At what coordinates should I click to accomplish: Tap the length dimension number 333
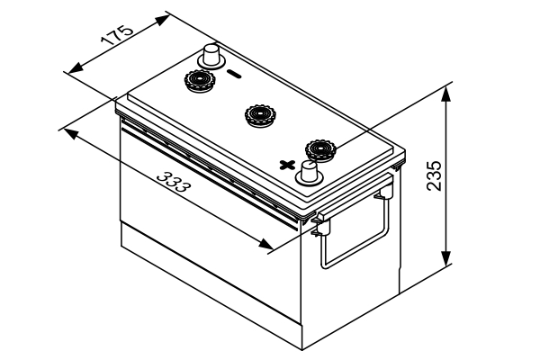pyautogui.click(x=172, y=183)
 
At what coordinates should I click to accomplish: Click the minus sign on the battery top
pyautogui.click(x=232, y=74)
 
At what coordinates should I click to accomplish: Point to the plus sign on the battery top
pyautogui.click(x=287, y=164)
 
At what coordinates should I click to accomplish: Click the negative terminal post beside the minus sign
pyautogui.click(x=212, y=56)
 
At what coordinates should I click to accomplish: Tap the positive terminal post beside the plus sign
pyautogui.click(x=310, y=171)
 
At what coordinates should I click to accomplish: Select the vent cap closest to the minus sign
pyautogui.click(x=199, y=82)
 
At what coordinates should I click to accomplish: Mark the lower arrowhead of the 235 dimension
pyautogui.click(x=446, y=262)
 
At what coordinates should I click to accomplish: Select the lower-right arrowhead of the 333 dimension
pyautogui.click(x=267, y=245)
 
